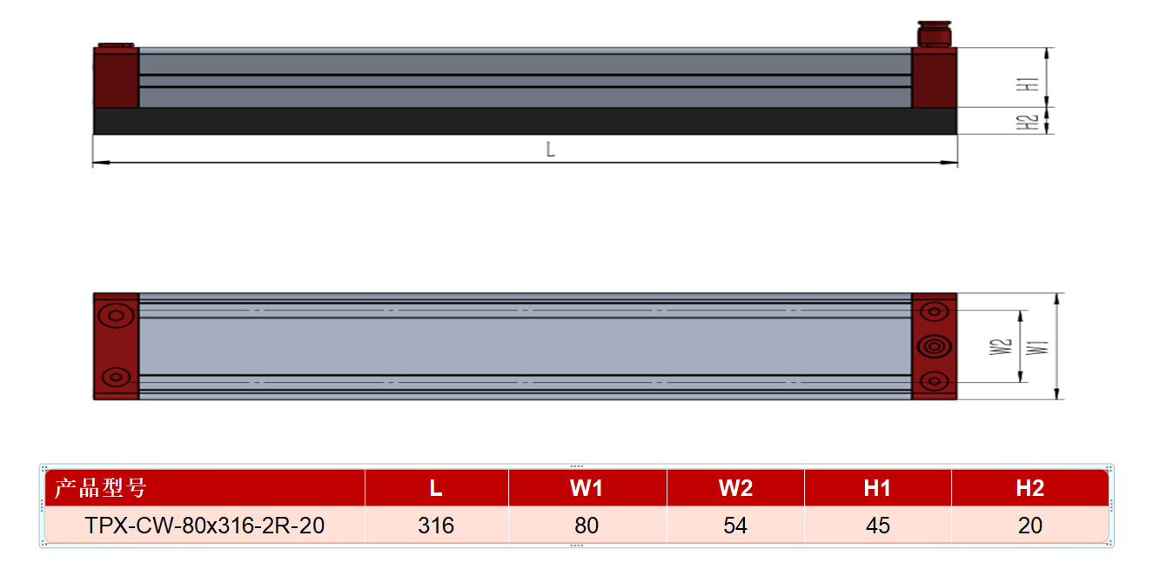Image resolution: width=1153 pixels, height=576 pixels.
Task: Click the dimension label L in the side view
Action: tap(550, 150)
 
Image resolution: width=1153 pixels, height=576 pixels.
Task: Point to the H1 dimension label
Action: tap(1028, 84)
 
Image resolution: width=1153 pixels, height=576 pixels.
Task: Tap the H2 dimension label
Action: tap(1027, 123)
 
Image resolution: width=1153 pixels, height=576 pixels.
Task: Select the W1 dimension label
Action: tap(1037, 347)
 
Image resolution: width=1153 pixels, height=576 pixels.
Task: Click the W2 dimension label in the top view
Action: tap(1001, 347)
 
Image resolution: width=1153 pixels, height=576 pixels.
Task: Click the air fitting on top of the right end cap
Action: tap(935, 34)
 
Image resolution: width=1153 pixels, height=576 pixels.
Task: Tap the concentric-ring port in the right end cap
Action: tap(935, 346)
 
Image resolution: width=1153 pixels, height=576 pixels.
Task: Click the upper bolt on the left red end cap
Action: tap(116, 316)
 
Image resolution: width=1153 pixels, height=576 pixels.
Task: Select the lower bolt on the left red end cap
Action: tap(116, 378)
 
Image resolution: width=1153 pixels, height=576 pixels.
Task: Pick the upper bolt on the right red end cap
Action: tap(935, 311)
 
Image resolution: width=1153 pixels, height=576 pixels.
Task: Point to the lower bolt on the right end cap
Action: tap(935, 381)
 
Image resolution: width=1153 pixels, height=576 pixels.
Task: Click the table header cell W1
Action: tap(587, 487)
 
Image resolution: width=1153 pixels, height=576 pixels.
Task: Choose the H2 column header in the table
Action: tap(1030, 487)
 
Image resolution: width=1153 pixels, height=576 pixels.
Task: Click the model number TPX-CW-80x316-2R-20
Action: tap(204, 526)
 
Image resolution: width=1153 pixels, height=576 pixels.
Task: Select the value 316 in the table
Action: tap(436, 526)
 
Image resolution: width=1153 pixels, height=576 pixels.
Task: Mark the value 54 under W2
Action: tap(735, 526)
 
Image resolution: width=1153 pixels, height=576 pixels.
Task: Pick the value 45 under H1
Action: tap(878, 526)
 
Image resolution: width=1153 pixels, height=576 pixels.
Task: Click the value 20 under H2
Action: tap(1030, 526)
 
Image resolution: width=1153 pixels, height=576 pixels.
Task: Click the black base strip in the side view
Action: tap(525, 121)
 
